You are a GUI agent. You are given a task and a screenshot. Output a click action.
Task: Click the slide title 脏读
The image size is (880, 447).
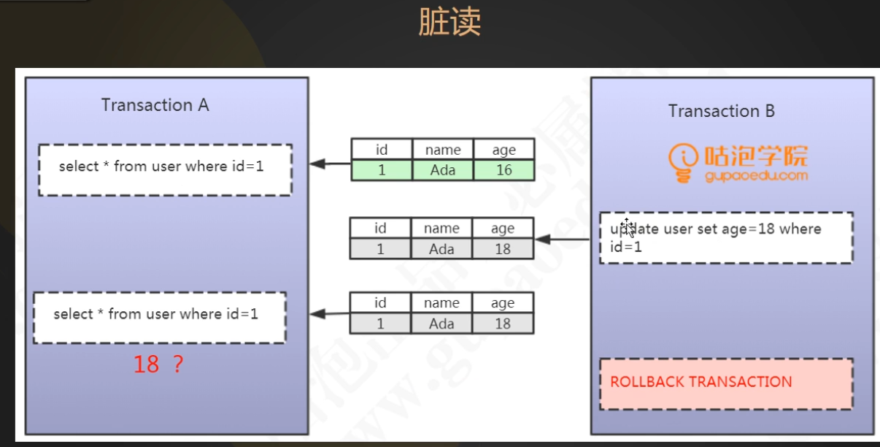click(x=449, y=23)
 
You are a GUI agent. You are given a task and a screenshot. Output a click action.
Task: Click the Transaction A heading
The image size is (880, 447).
click(x=155, y=105)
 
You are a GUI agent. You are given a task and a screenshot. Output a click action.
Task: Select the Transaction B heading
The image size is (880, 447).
click(x=721, y=111)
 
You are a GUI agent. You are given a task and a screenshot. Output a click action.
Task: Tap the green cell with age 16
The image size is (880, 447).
click(x=503, y=170)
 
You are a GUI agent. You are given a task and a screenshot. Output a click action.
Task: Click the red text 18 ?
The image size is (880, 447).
click(x=158, y=364)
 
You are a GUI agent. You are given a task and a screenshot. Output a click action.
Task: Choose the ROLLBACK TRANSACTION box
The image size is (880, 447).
click(x=725, y=383)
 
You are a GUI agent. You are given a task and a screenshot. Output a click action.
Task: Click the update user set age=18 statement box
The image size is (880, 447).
click(x=725, y=237)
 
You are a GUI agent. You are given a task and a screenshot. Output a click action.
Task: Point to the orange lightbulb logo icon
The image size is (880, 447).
click(x=684, y=163)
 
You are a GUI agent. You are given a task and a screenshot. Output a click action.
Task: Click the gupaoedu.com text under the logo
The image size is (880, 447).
click(x=756, y=176)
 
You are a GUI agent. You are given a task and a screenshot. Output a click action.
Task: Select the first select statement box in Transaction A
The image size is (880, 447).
click(x=165, y=169)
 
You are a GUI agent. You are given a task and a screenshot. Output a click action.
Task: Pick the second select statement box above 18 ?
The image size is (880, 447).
click(x=159, y=317)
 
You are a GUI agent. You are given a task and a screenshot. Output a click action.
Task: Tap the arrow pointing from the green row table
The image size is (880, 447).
click(x=330, y=164)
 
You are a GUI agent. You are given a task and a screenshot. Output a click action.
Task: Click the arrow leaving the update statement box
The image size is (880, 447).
click(x=563, y=239)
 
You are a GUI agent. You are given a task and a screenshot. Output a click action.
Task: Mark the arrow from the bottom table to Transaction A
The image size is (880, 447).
click(x=330, y=314)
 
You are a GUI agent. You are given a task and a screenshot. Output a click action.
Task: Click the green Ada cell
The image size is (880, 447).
click(x=442, y=170)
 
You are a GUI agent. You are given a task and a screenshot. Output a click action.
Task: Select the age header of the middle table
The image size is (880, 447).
click(x=502, y=228)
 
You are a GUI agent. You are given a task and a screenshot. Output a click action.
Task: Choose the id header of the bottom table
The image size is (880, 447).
click(x=380, y=302)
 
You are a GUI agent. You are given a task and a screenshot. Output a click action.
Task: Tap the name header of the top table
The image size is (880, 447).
click(x=442, y=150)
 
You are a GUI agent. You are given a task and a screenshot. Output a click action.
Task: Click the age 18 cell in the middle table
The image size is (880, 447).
click(x=502, y=249)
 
